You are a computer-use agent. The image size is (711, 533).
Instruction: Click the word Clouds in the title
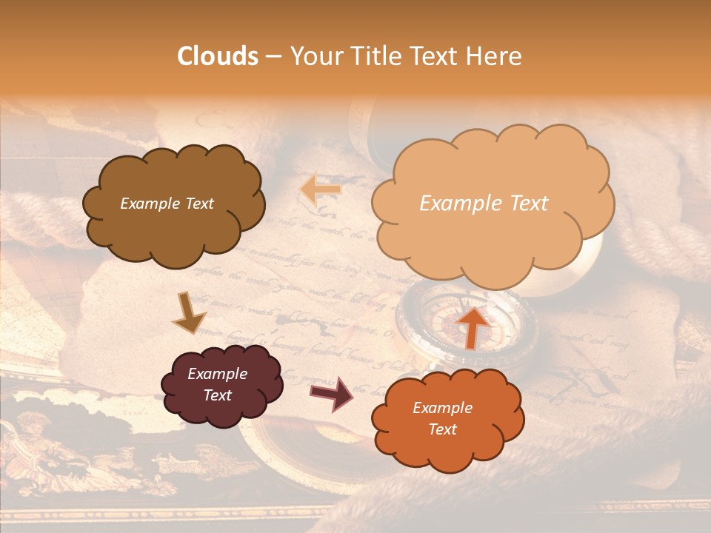[218, 56]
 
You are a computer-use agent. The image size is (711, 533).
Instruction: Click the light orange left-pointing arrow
[320, 190]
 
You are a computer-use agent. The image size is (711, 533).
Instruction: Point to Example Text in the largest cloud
[484, 204]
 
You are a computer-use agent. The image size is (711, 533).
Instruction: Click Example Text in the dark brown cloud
[167, 204]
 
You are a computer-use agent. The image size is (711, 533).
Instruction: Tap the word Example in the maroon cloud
[217, 374]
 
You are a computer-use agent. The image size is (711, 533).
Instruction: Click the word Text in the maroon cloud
[217, 395]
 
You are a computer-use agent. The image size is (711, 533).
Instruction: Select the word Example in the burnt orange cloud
[442, 408]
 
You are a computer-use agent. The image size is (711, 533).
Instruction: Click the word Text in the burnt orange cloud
[442, 429]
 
